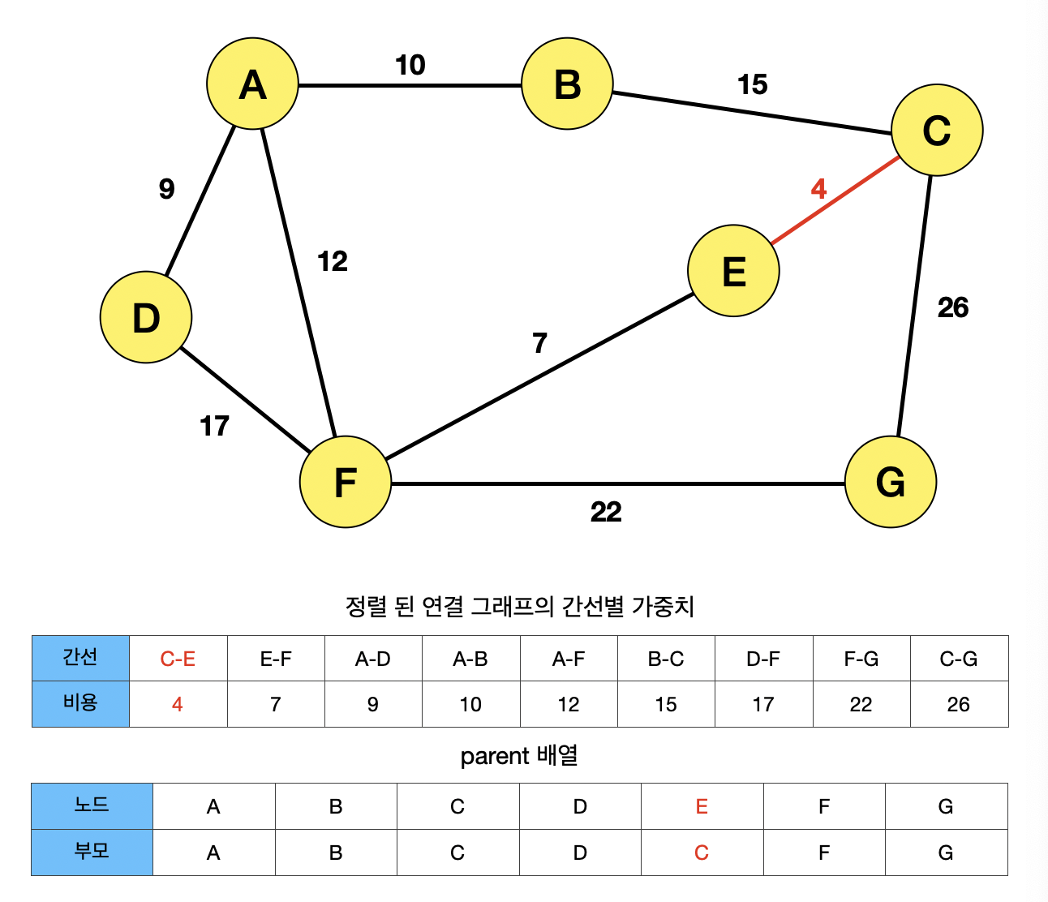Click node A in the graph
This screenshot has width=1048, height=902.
(x=252, y=84)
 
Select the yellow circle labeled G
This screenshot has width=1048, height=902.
(x=890, y=482)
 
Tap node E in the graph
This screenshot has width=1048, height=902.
(x=733, y=270)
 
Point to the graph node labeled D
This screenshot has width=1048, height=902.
(x=146, y=317)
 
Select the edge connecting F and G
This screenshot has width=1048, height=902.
(x=616, y=483)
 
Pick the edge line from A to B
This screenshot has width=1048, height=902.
(x=410, y=84)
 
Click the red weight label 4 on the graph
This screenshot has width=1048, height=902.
(x=818, y=189)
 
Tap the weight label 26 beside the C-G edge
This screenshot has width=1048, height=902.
(x=952, y=307)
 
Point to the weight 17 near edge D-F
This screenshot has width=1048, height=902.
(x=214, y=426)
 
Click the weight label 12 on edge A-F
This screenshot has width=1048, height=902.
(x=332, y=261)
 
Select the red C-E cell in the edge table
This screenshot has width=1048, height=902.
(x=178, y=659)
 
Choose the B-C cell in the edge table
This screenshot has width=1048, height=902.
(x=666, y=659)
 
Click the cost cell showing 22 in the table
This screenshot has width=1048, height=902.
(x=861, y=704)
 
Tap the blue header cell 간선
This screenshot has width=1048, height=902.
(x=80, y=658)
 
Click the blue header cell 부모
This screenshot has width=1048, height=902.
(x=92, y=852)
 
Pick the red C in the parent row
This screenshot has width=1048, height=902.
(x=702, y=853)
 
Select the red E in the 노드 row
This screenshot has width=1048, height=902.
(x=702, y=806)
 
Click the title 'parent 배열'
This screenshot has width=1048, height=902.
(x=519, y=756)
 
